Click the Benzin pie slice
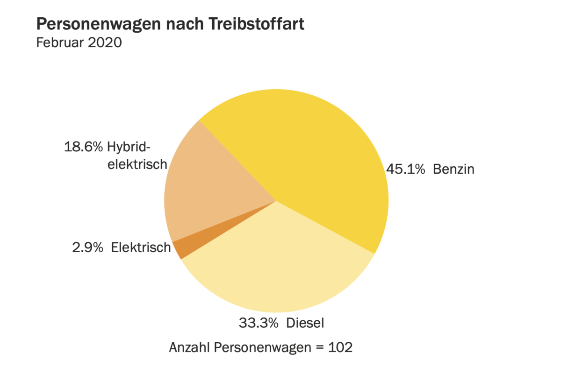(318, 154)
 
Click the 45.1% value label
(405, 169)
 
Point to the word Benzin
(453, 169)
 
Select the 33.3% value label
(259, 323)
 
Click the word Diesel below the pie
(306, 323)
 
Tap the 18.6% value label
(83, 147)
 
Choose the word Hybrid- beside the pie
(129, 148)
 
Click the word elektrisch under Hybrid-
(137, 164)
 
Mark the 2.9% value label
(87, 247)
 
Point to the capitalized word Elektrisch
(141, 247)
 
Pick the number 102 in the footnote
(340, 348)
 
